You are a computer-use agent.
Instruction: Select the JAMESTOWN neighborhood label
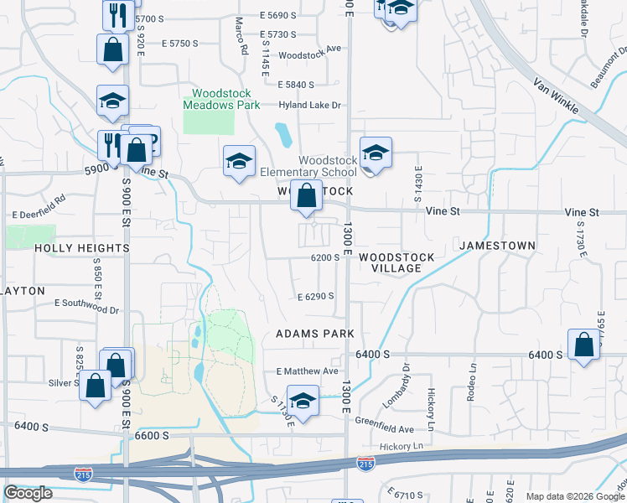pos(497,245)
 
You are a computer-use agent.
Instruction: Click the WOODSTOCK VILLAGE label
pos(396,262)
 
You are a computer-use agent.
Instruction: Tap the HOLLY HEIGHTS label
pos(82,248)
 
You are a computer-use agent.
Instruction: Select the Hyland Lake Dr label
pos(310,105)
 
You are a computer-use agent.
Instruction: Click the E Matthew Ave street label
pos(307,371)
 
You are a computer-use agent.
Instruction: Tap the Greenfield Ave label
pos(384,424)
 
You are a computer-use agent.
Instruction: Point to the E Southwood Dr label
pos(86,304)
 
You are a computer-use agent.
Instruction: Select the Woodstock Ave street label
pos(310,49)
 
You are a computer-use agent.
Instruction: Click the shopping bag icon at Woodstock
pos(308,197)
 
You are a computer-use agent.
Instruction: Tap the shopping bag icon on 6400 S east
pos(583,345)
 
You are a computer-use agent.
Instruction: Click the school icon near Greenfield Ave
pos(303,400)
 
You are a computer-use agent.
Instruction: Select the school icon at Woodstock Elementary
pos(376,153)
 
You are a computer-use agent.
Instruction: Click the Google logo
pos(28,494)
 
